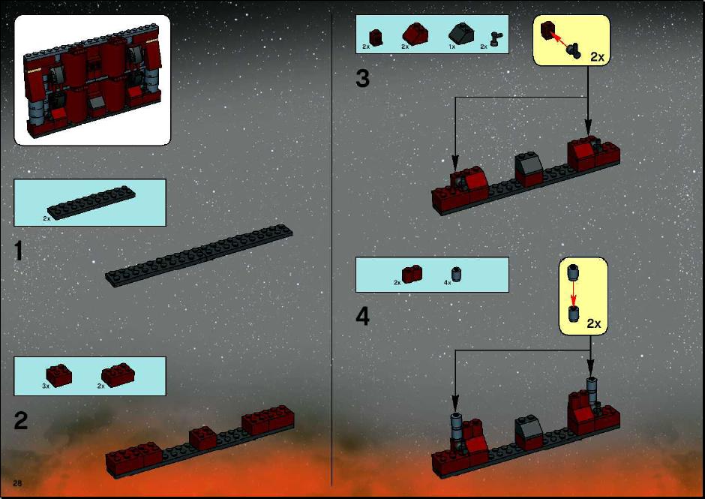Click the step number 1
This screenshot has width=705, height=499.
pyautogui.click(x=18, y=251)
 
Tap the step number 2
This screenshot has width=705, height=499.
pyautogui.click(x=21, y=421)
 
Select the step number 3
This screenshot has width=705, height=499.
pyautogui.click(x=362, y=78)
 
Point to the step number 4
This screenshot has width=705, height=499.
pyautogui.click(x=362, y=316)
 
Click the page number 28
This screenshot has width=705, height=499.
pyautogui.click(x=17, y=483)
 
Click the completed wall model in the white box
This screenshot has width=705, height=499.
pyautogui.click(x=92, y=80)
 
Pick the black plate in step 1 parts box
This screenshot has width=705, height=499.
pyautogui.click(x=91, y=203)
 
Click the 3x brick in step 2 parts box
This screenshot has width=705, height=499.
pyautogui.click(x=59, y=375)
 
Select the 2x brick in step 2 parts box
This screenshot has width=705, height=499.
pyautogui.click(x=118, y=375)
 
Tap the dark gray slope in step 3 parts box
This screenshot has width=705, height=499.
pyautogui.click(x=460, y=33)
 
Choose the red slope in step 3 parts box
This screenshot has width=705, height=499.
pyautogui.click(x=415, y=33)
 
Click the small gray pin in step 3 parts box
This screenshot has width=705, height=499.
pyautogui.click(x=496, y=39)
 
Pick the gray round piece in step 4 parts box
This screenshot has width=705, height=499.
pyautogui.click(x=457, y=274)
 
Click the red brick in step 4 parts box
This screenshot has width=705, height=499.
pyautogui.click(x=412, y=275)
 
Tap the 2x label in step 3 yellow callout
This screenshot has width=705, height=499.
pyautogui.click(x=598, y=57)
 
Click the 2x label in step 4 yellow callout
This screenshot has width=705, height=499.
pyautogui.click(x=593, y=323)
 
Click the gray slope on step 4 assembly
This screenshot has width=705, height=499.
pyautogui.click(x=528, y=425)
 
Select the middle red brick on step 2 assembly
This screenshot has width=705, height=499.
pyautogui.click(x=202, y=438)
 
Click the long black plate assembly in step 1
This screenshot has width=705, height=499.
pyautogui.click(x=199, y=255)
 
